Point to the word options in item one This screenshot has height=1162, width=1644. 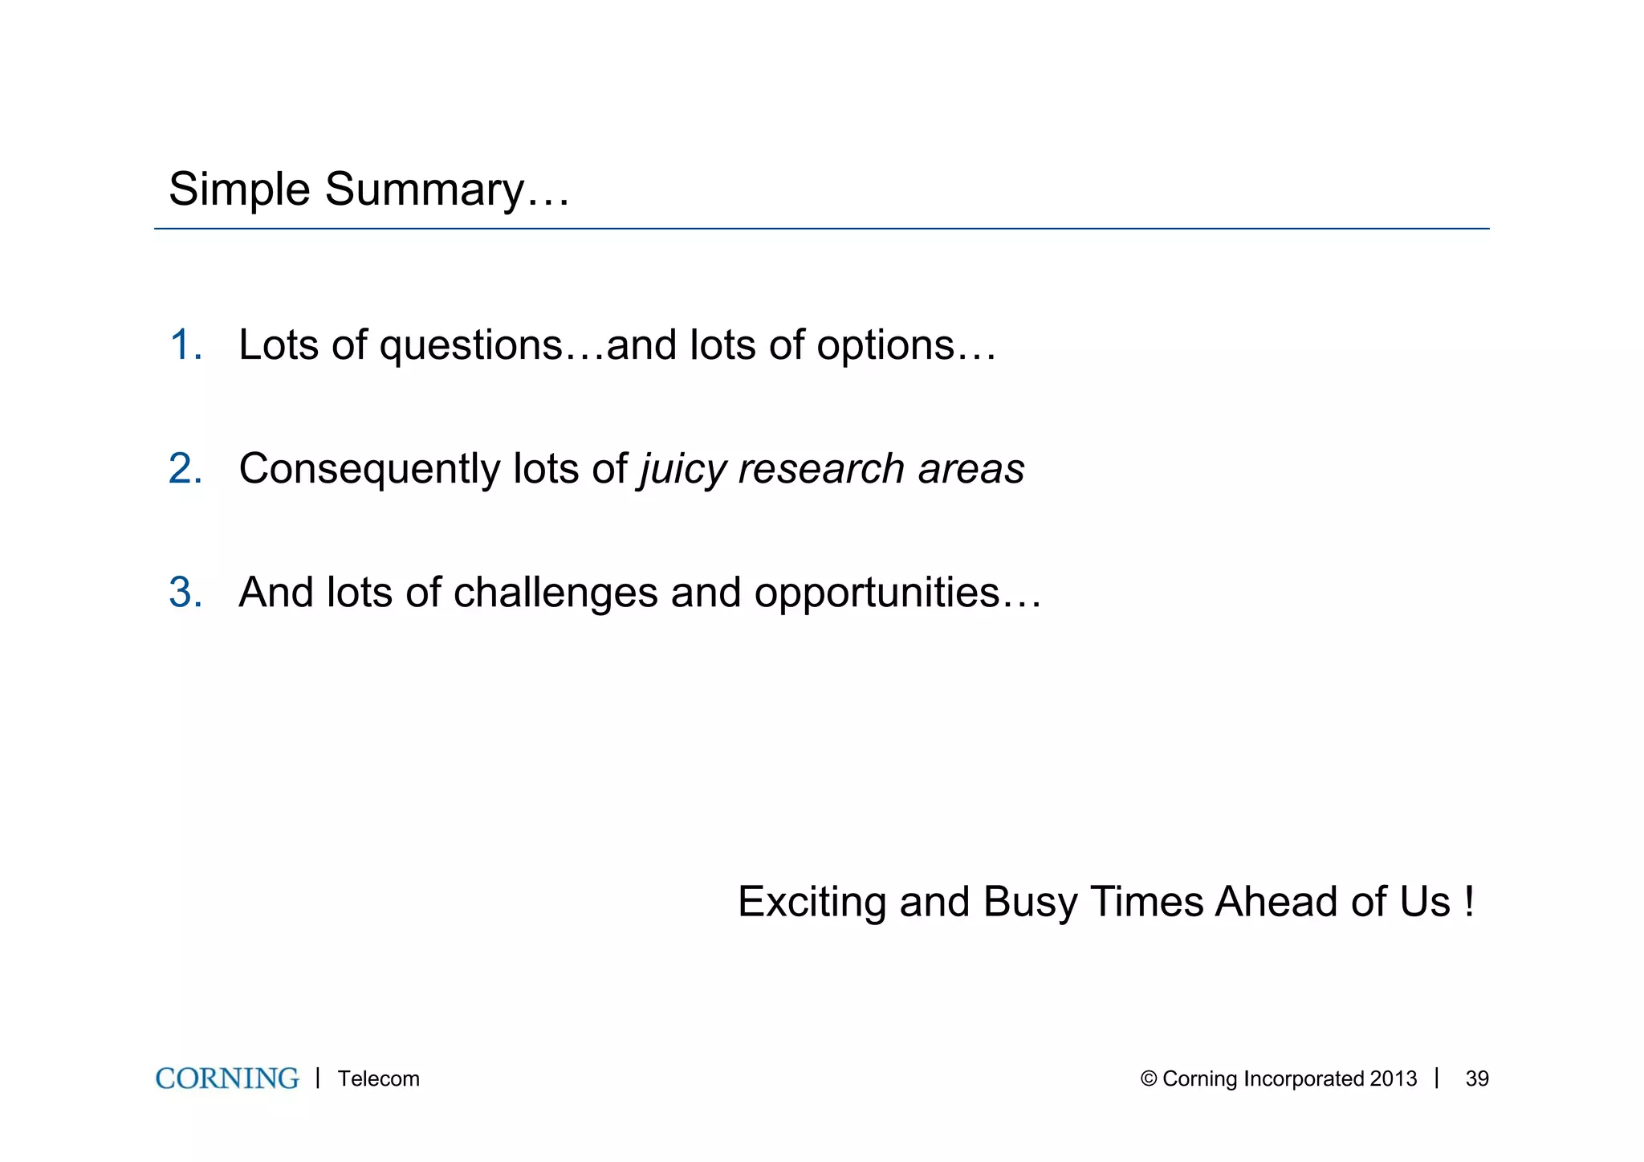point(885,347)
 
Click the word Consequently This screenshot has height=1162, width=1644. point(370,469)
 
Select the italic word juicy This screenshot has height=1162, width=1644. point(682,469)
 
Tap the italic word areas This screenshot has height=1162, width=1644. point(971,469)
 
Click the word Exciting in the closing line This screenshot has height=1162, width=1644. point(812,902)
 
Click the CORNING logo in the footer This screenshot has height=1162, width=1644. point(227,1078)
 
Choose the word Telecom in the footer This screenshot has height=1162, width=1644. point(378,1078)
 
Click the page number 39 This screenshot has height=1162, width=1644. point(1476,1078)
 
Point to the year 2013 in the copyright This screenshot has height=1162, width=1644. point(1394,1078)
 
